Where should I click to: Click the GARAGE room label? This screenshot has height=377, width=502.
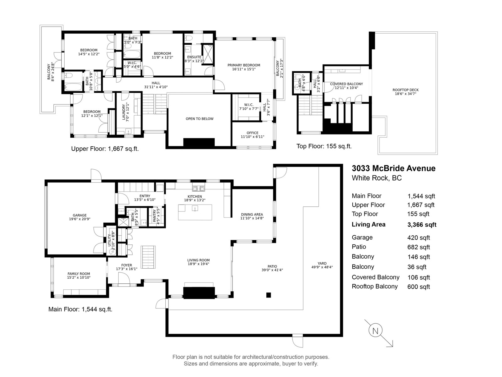tap(80, 215)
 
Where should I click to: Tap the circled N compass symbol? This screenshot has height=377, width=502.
tap(375, 331)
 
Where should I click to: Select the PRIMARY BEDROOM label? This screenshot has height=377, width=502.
tap(244, 65)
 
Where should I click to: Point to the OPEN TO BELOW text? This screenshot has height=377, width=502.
tap(200, 119)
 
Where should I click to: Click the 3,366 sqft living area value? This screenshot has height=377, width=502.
tap(422, 225)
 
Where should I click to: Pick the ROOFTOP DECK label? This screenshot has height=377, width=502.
tap(405, 90)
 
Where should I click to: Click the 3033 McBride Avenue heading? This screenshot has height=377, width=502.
tap(393, 168)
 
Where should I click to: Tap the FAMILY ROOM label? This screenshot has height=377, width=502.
tap(79, 274)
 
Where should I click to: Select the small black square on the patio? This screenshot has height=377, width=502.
tap(269, 295)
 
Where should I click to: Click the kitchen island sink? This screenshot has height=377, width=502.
tap(195, 208)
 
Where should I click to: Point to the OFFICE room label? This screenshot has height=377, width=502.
tap(253, 133)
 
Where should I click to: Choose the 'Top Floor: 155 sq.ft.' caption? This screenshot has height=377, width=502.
tap(324, 146)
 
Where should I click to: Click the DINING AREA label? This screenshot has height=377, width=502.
tap(252, 215)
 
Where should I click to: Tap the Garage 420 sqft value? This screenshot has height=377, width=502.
tap(419, 238)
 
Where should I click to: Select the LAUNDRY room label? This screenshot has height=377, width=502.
tap(124, 112)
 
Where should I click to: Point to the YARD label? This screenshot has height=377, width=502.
tap(322, 264)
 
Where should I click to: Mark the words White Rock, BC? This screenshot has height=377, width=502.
tap(377, 178)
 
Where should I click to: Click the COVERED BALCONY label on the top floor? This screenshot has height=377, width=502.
tap(346, 84)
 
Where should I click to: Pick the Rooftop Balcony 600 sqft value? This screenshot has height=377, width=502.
tap(419, 287)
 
